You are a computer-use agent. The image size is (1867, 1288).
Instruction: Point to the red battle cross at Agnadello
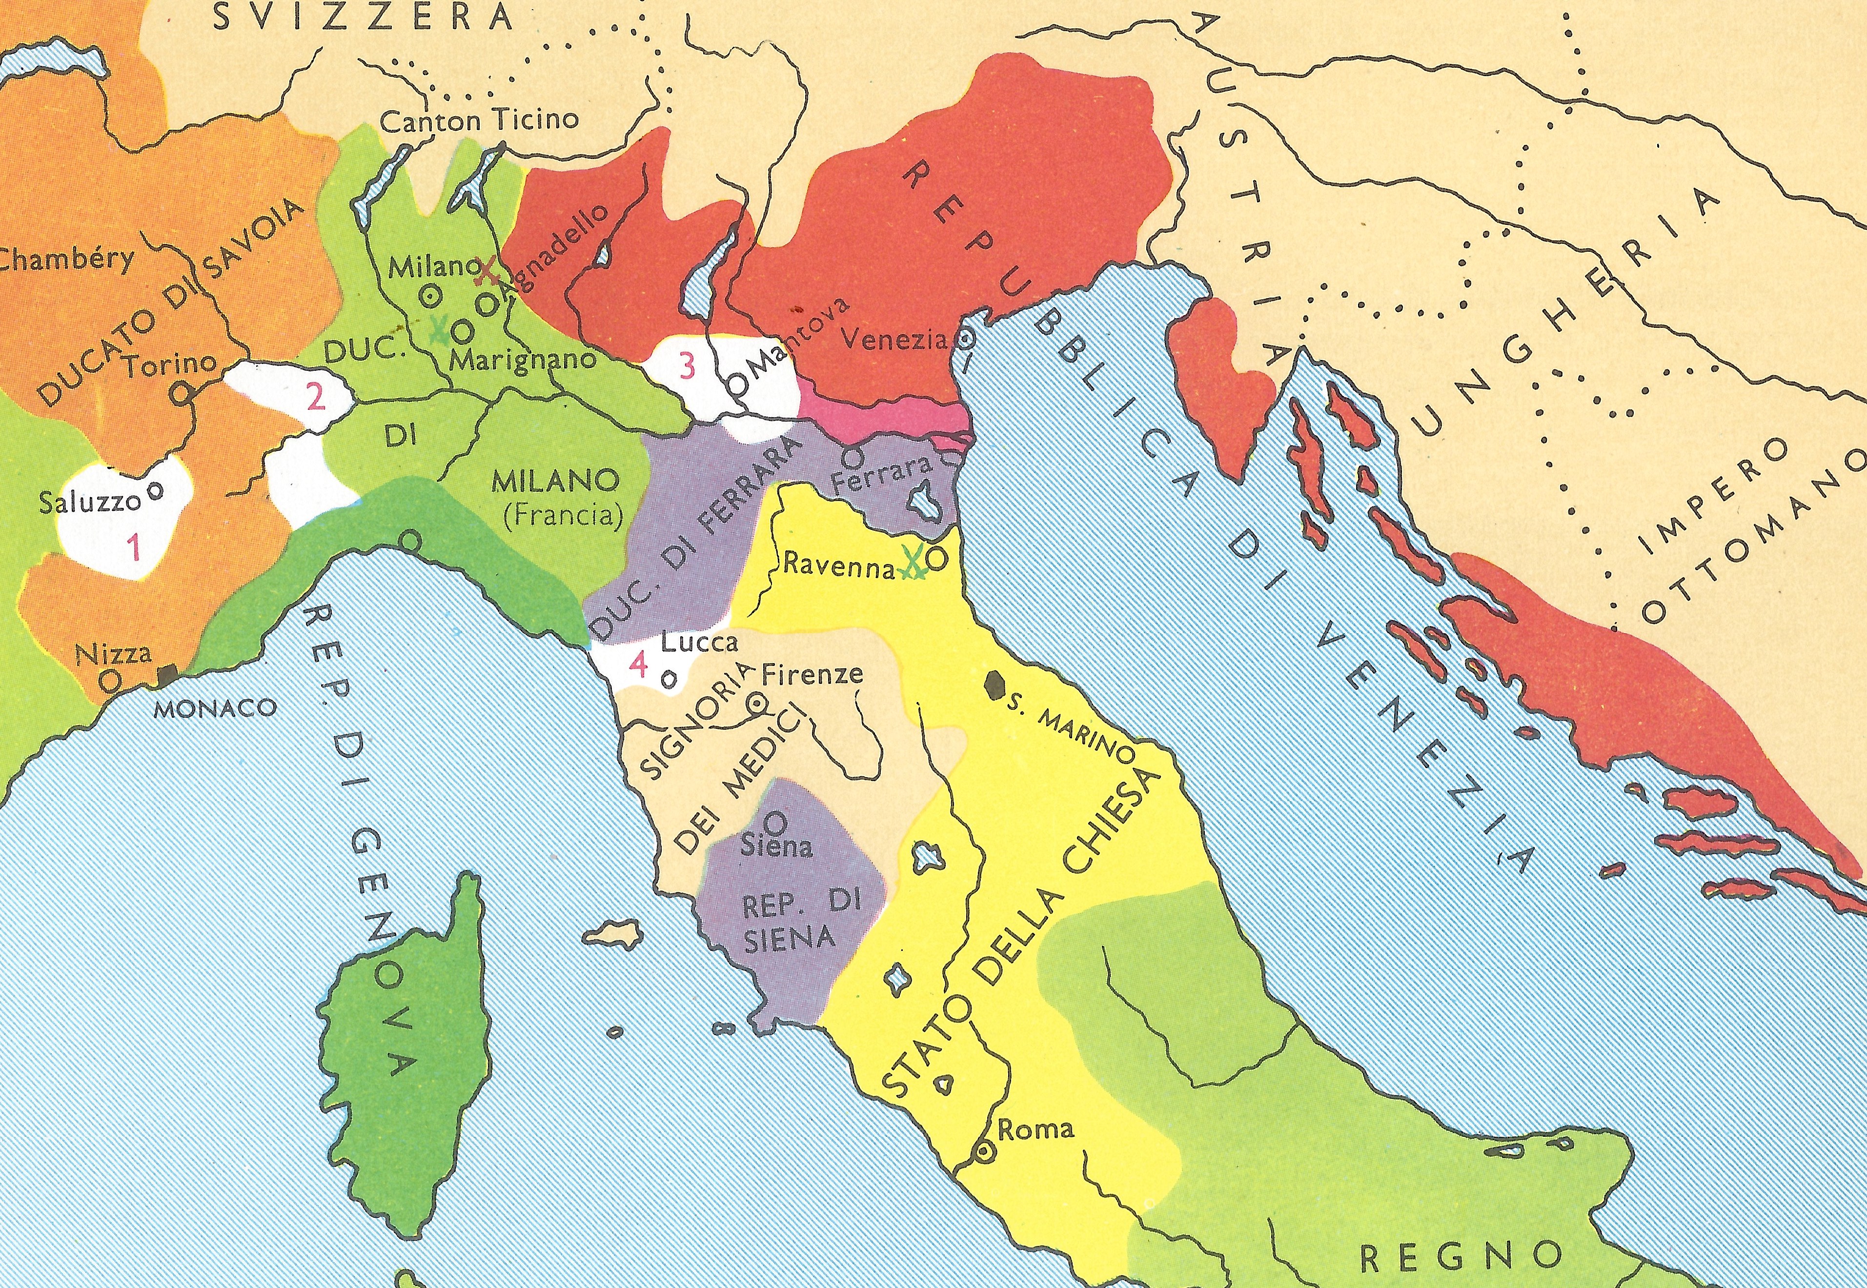tap(487, 271)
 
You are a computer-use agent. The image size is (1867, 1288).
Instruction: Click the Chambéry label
tap(66, 262)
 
